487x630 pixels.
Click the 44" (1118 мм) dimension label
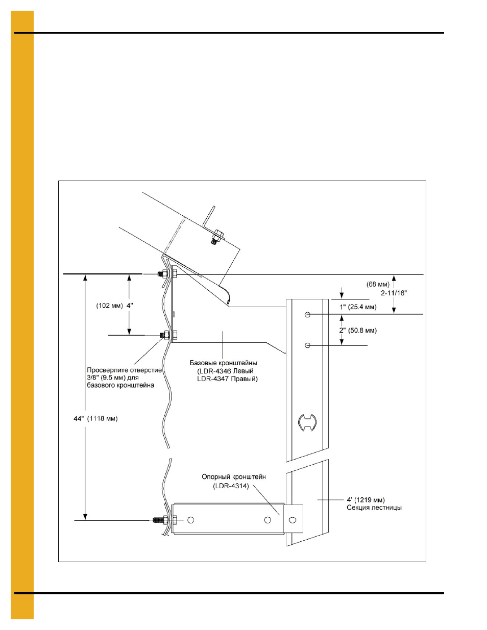pyautogui.click(x=95, y=419)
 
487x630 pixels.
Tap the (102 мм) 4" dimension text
pyautogui.click(x=114, y=306)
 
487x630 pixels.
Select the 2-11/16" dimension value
pyautogui.click(x=394, y=293)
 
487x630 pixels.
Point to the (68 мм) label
pyautogui.click(x=378, y=285)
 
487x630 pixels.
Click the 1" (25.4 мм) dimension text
pyautogui.click(x=358, y=307)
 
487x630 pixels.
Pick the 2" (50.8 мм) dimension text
pyautogui.click(x=358, y=331)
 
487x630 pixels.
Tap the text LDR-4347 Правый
pyautogui.click(x=227, y=379)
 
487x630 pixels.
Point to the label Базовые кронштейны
pyautogui.click(x=224, y=363)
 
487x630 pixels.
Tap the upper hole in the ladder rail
pyautogui.click(x=308, y=315)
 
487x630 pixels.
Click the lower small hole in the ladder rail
pyautogui.click(x=308, y=345)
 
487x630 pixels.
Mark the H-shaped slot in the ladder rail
pyautogui.click(x=307, y=422)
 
